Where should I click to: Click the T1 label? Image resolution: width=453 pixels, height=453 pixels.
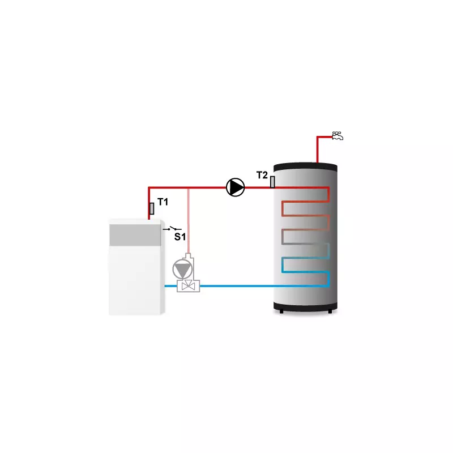click(163, 202)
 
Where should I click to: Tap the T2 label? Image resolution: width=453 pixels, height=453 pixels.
click(262, 175)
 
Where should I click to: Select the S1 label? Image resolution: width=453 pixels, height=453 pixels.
click(180, 237)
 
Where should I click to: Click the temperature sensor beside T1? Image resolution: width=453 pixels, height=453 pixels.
click(152, 208)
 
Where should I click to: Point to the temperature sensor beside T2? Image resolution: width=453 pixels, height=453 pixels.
click(272, 182)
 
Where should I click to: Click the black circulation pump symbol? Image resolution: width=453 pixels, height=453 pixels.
click(235, 187)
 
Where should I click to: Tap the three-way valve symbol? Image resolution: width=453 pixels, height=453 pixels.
click(189, 286)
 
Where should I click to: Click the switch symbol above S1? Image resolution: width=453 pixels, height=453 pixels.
click(173, 229)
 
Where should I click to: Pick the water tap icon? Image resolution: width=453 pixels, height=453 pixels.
click(337, 136)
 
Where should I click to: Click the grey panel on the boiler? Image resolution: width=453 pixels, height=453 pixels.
click(135, 235)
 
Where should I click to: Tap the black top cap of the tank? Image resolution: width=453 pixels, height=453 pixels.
click(305, 166)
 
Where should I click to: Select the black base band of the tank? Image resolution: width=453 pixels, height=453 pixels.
click(305, 306)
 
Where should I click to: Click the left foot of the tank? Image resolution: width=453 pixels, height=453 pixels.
click(281, 311)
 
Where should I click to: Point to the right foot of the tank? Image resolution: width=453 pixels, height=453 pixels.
click(330, 311)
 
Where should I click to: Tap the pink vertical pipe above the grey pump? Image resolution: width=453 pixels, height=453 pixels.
click(189, 221)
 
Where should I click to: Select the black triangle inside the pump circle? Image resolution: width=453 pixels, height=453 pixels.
click(237, 187)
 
